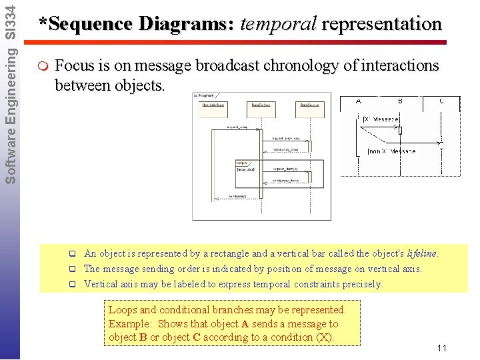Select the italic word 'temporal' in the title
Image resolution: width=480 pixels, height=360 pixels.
coord(277,25)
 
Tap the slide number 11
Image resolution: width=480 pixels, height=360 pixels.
coord(441,349)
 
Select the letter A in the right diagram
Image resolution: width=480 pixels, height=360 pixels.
coord(359,101)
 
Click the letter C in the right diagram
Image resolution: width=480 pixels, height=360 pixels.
coord(441,101)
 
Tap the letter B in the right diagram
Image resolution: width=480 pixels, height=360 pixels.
coord(400,101)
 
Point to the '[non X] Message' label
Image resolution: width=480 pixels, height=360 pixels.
coord(391,151)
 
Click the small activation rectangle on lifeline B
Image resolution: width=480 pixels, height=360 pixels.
coord(400,130)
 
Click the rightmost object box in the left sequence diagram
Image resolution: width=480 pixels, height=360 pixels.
coord(311,105)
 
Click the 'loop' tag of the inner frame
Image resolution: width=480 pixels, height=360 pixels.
coord(241,163)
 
